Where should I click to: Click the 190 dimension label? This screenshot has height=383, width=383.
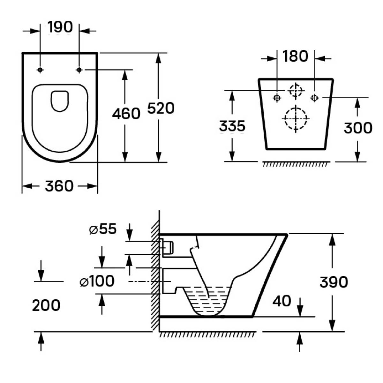pyautogui.click(x=60, y=27)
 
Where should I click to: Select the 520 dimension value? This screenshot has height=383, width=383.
pyautogui.click(x=161, y=109)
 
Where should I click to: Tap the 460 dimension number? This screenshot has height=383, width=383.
pyautogui.click(x=126, y=114)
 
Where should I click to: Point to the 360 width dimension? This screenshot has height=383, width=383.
pyautogui.click(x=59, y=186)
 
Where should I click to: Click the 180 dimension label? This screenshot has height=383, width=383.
pyautogui.click(x=295, y=56)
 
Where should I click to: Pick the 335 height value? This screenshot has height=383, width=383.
pyautogui.click(x=232, y=126)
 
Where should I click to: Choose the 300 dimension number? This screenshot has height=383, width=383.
pyautogui.click(x=358, y=128)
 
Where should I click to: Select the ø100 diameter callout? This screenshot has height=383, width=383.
pyautogui.click(x=97, y=282)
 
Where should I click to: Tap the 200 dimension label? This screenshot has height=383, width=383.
pyautogui.click(x=46, y=305)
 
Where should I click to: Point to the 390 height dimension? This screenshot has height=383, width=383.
pyautogui.click(x=334, y=282)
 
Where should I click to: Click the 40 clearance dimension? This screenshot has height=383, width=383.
pyautogui.click(x=282, y=301)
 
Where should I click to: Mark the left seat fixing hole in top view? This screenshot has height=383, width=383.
pyautogui.click(x=40, y=70)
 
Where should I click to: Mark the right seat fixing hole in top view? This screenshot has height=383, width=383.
pyautogui.click(x=79, y=70)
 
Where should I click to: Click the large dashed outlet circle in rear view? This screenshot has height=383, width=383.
pyautogui.click(x=296, y=118)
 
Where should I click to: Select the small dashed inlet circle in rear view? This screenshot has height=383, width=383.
pyautogui.click(x=296, y=90)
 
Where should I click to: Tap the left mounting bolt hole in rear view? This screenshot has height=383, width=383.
pyautogui.click(x=277, y=98)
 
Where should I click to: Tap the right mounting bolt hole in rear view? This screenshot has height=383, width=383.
pyautogui.click(x=315, y=98)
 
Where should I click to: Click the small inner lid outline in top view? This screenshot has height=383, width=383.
pyautogui.click(x=60, y=101)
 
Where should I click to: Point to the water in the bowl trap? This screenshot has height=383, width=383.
pyautogui.click(x=209, y=300)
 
